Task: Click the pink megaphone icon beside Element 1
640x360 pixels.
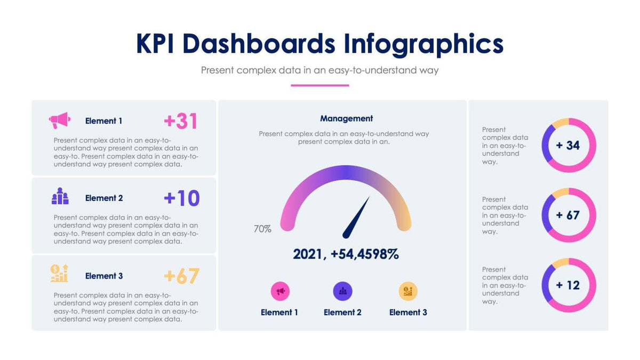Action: [x=60, y=121]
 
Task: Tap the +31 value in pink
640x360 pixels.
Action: [x=181, y=121]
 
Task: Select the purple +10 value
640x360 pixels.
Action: [x=181, y=198]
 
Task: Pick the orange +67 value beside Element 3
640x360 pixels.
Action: [x=181, y=276]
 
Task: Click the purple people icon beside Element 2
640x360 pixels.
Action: [x=60, y=196]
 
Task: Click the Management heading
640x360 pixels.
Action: [x=346, y=118]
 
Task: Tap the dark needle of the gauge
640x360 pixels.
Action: [x=356, y=218]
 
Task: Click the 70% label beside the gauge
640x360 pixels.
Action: [x=262, y=229]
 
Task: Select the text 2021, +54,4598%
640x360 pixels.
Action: [x=346, y=254]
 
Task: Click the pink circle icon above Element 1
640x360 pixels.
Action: [x=280, y=291]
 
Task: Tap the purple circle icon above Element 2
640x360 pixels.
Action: [x=342, y=291]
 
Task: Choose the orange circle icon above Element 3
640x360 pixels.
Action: [x=408, y=291]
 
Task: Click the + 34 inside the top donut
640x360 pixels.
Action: [x=568, y=145]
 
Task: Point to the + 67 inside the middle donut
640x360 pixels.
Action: [x=568, y=215]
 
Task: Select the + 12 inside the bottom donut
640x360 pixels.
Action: [x=568, y=285]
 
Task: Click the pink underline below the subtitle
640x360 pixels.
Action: [x=319, y=85]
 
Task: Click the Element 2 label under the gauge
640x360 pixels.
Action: [x=342, y=313]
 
